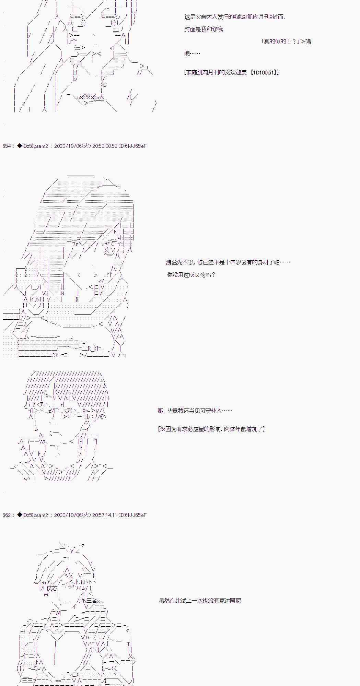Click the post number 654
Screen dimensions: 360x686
(x=7, y=146)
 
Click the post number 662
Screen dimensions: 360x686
(x=7, y=515)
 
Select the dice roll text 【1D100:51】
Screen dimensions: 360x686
(x=264, y=72)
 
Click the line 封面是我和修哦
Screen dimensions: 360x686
(x=204, y=29)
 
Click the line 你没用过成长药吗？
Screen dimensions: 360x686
(x=191, y=275)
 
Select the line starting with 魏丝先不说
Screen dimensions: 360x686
(x=228, y=262)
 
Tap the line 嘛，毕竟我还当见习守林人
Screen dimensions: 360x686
(x=195, y=411)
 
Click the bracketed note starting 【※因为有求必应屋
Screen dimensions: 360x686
(x=211, y=429)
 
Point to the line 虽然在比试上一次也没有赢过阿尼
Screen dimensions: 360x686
(x=200, y=601)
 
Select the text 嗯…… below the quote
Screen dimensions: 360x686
(x=192, y=54)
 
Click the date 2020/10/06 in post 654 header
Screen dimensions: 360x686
(x=68, y=146)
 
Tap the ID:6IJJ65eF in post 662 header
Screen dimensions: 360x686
(x=133, y=515)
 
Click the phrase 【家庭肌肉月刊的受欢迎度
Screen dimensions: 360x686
(x=215, y=72)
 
